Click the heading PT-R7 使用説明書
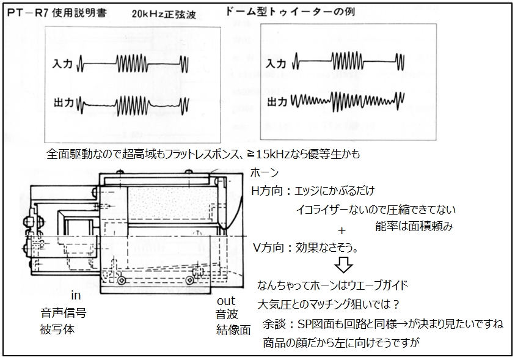click(x=57, y=12)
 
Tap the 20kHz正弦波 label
click(x=164, y=14)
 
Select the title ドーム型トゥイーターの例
click(x=290, y=12)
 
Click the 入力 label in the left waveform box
click(x=62, y=64)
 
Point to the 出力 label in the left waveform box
click(x=64, y=103)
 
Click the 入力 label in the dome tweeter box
click(x=276, y=63)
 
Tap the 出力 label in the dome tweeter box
click(x=277, y=102)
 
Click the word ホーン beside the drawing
click(x=265, y=172)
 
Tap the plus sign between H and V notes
click(x=342, y=231)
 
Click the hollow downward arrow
click(x=343, y=265)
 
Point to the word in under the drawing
click(x=76, y=295)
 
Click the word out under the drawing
click(x=226, y=301)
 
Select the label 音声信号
click(x=64, y=312)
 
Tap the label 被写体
click(x=57, y=329)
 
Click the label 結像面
click(x=233, y=329)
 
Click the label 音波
click(x=227, y=314)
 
